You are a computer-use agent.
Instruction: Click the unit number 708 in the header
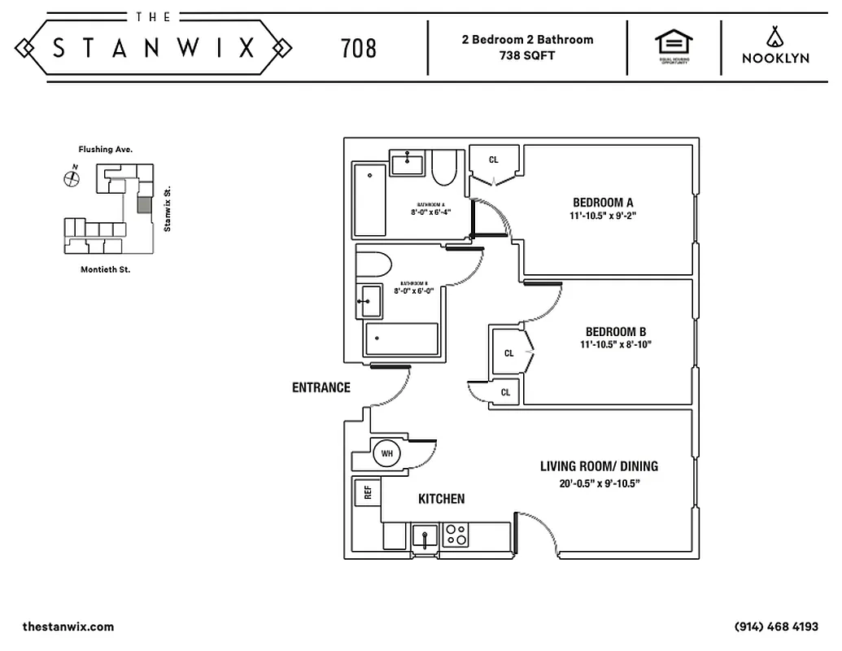(x=359, y=48)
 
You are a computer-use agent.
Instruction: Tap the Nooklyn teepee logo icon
(x=774, y=36)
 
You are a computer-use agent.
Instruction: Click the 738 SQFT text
(x=527, y=56)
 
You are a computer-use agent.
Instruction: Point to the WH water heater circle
(x=386, y=452)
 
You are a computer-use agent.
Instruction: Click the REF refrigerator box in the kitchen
(x=368, y=492)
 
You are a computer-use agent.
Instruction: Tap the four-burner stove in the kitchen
(x=456, y=535)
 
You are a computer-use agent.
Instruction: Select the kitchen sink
(x=424, y=536)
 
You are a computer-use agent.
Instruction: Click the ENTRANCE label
(x=321, y=387)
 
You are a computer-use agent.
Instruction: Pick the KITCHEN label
(x=442, y=499)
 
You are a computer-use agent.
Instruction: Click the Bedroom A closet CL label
(x=493, y=159)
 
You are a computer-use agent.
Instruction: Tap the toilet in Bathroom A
(x=444, y=167)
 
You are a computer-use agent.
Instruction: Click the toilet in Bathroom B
(x=373, y=264)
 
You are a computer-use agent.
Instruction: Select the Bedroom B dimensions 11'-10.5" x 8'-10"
(x=615, y=345)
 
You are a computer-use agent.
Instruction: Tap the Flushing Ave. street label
(x=105, y=150)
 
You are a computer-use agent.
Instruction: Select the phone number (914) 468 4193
(x=776, y=627)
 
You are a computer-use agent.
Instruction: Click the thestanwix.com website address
(x=68, y=627)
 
